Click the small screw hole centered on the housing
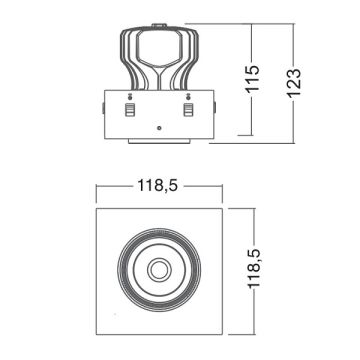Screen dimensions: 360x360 click(x=158, y=128)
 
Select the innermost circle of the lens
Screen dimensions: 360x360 click(x=158, y=268)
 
